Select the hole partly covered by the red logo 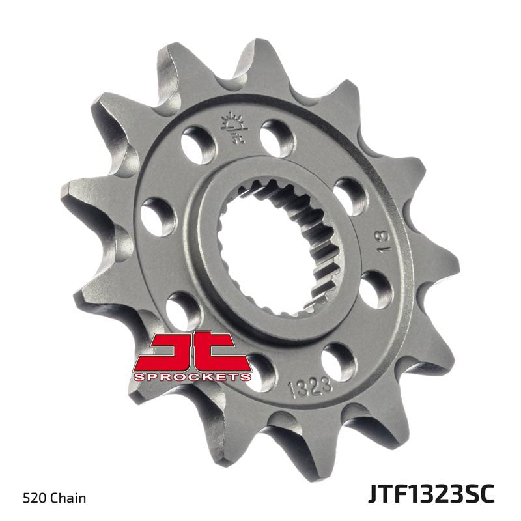[x=260, y=367]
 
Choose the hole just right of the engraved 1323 [x=339, y=358]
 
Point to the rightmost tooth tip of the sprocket [x=458, y=266]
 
